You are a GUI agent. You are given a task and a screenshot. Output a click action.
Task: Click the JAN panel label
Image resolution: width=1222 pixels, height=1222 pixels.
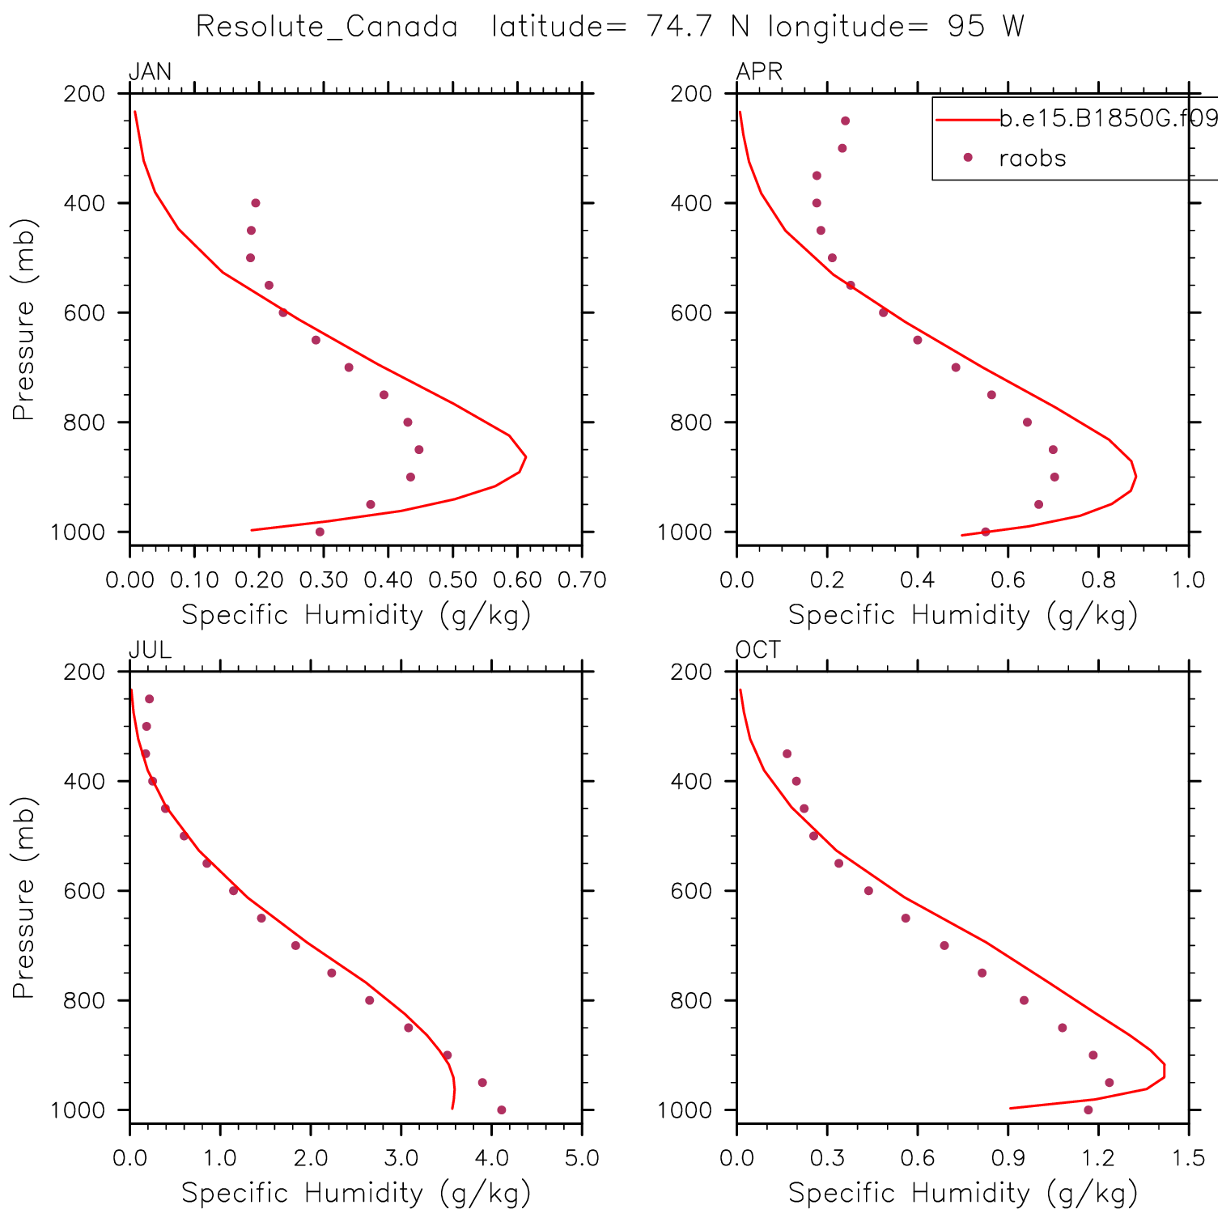pyautogui.click(x=151, y=72)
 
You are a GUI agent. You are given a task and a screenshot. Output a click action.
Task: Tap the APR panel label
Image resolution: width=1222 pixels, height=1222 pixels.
pyautogui.click(x=759, y=72)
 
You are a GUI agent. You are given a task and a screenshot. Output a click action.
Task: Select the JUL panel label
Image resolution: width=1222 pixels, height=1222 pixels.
pyautogui.click(x=151, y=650)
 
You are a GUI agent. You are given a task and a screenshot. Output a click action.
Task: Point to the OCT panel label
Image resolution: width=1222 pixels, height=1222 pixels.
pyautogui.click(x=758, y=650)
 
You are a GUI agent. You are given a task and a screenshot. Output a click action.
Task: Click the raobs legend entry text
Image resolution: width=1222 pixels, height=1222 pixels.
pyautogui.click(x=1033, y=158)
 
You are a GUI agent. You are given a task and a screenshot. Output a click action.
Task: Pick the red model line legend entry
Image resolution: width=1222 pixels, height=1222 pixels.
pyautogui.click(x=968, y=120)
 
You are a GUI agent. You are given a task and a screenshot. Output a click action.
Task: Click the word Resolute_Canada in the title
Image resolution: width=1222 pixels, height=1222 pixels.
pyautogui.click(x=327, y=27)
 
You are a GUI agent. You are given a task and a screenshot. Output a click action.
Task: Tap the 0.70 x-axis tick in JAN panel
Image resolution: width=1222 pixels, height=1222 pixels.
pyautogui.click(x=582, y=579)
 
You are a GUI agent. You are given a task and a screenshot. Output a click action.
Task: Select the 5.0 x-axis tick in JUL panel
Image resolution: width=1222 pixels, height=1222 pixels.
pyautogui.click(x=582, y=1157)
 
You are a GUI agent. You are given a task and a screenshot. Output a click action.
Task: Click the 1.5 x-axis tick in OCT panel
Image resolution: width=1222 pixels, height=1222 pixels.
pyautogui.click(x=1188, y=1157)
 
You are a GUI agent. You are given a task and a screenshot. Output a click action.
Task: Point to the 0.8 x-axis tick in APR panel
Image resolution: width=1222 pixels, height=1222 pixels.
pyautogui.click(x=1098, y=579)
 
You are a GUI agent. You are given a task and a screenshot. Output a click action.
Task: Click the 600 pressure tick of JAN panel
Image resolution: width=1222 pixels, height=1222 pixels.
pyautogui.click(x=85, y=312)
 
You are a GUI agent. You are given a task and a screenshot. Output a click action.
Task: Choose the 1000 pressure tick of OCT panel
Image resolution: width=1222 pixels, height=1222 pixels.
pyautogui.click(x=685, y=1110)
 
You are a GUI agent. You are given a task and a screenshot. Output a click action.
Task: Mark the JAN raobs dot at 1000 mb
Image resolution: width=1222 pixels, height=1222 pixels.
pyautogui.click(x=320, y=532)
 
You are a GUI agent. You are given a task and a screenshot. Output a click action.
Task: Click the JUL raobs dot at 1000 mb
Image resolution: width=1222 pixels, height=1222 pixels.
pyautogui.click(x=501, y=1110)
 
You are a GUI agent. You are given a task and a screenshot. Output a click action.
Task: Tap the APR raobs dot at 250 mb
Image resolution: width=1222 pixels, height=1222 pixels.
pyautogui.click(x=845, y=121)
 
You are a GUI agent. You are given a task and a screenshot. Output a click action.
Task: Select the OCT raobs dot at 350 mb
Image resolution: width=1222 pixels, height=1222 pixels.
pyautogui.click(x=787, y=753)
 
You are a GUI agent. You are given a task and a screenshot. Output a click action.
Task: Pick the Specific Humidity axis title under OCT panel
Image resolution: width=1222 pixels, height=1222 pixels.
pyautogui.click(x=963, y=1193)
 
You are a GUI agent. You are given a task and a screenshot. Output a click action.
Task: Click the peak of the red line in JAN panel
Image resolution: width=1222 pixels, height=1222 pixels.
pyautogui.click(x=526, y=457)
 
